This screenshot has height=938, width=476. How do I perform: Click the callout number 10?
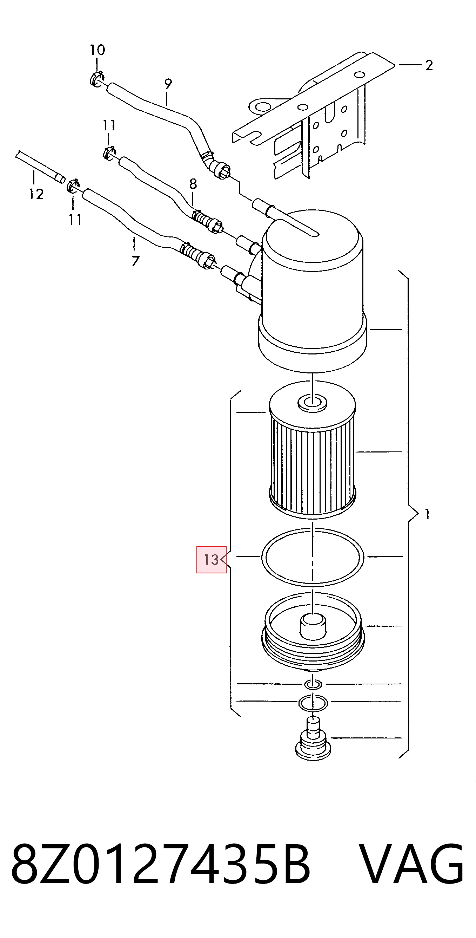point(98,50)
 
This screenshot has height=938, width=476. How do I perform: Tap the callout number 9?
point(168,84)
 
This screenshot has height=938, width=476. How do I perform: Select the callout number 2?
point(429,66)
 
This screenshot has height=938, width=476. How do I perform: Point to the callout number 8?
point(193,184)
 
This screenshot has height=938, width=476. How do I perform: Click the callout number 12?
point(36,194)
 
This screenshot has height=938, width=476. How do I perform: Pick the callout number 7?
point(135,261)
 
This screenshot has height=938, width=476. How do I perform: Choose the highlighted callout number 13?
point(211,559)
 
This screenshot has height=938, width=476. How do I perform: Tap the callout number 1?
point(427,514)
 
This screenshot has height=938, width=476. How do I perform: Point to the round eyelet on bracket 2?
point(261,106)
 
